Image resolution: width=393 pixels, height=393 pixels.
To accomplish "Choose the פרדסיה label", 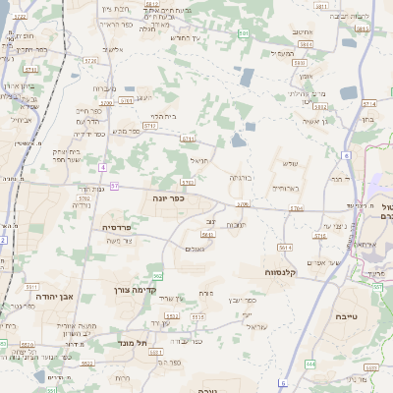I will click(121, 226).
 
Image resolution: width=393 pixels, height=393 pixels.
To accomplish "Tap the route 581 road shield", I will click(362, 29).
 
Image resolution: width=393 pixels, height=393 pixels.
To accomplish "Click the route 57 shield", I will click(115, 185).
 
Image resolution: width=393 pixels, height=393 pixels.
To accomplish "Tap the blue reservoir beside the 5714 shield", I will click(349, 92).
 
